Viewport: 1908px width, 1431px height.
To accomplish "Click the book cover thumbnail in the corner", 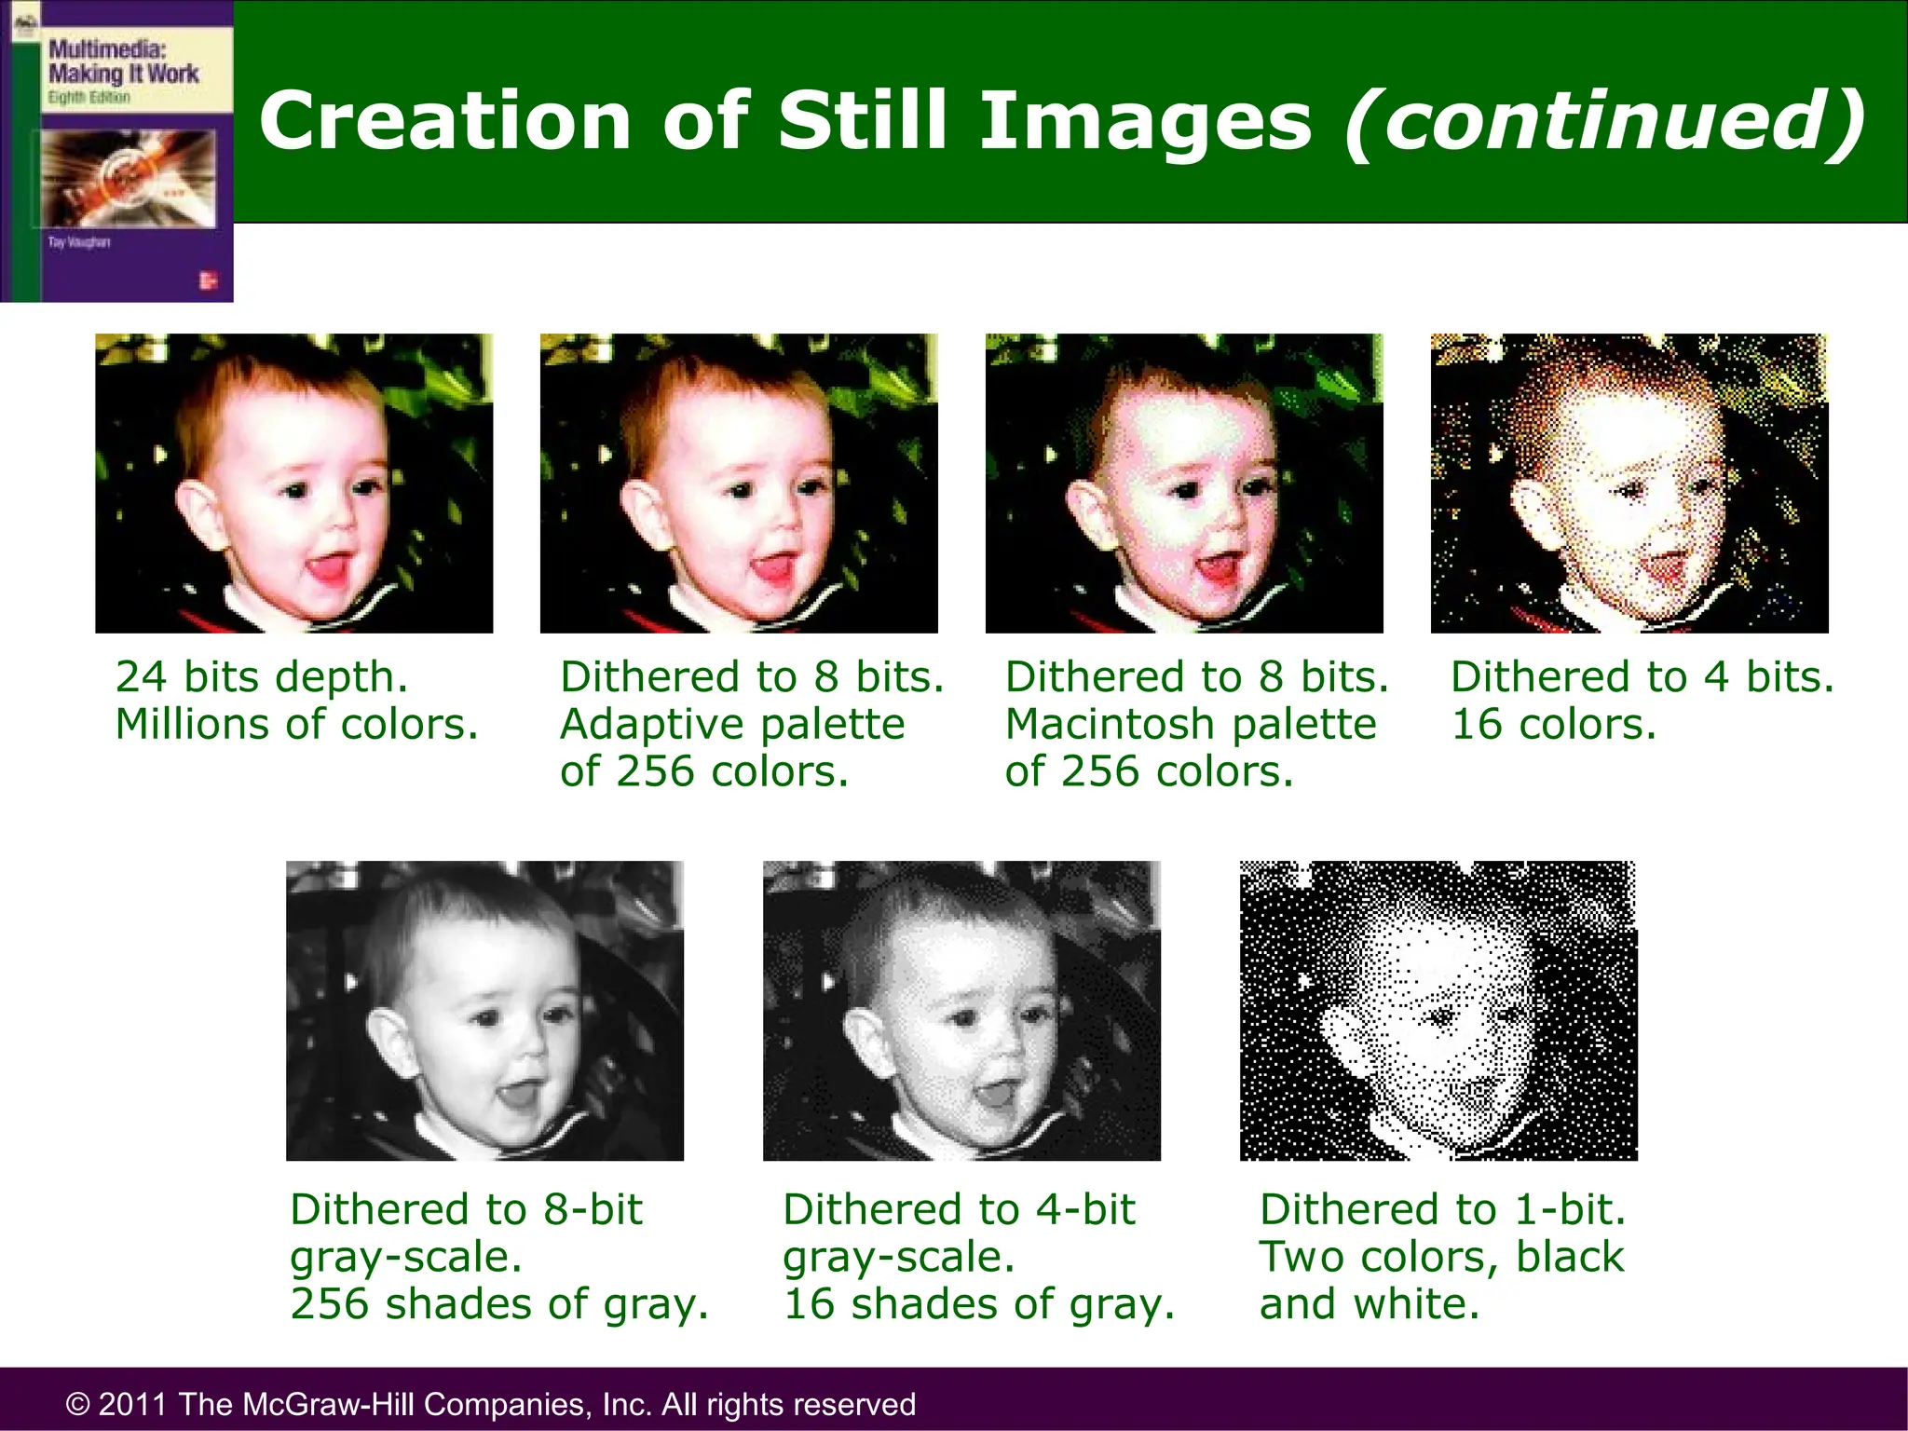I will tap(116, 151).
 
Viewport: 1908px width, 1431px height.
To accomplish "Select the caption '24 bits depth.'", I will tap(262, 676).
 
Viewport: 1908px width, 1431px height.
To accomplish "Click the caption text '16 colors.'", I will tap(1554, 724).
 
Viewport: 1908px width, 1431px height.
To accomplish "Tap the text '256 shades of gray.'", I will tap(499, 1303).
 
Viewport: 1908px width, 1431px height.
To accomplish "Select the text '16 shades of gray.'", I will tap(978, 1303).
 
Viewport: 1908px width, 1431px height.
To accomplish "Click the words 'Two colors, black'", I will tap(1441, 1256).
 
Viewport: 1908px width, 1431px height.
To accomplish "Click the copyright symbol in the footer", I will tap(78, 1404).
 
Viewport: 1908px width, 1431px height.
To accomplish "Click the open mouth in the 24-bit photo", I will tap(325, 566).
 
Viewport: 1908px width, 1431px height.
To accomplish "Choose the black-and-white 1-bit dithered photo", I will tap(1438, 1011).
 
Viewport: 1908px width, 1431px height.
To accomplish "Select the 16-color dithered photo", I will tap(1629, 484).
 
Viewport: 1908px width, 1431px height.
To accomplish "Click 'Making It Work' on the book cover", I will tap(124, 74).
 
